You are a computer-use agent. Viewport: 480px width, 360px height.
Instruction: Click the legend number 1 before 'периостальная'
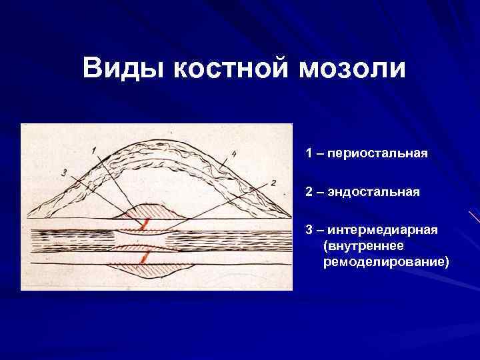[x=309, y=153]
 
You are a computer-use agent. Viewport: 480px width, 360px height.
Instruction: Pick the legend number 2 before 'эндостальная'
[x=309, y=192]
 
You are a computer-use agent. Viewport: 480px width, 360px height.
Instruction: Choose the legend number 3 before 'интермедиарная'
[x=309, y=230]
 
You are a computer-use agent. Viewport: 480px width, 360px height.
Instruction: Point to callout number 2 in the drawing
[x=273, y=182]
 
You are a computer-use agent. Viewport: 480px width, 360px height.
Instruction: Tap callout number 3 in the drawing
[x=63, y=173]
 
